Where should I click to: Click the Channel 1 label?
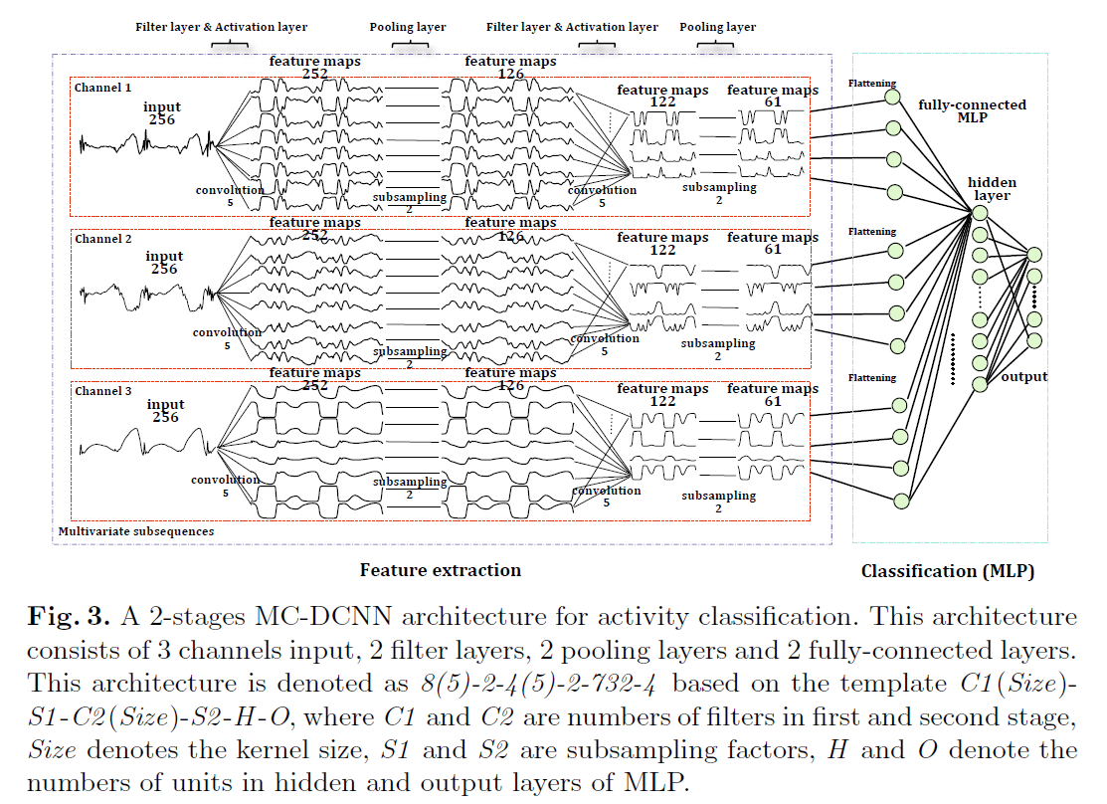pos(102,88)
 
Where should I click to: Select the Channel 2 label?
pos(102,239)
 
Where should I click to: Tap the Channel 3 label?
pos(102,391)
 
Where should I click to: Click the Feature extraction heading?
pos(440,570)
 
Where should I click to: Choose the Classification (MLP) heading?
pos(947,571)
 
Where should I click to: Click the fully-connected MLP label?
pos(971,110)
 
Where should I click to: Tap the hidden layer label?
pos(992,189)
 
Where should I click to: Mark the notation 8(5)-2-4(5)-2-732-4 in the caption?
pos(541,685)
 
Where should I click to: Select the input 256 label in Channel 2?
pos(164,263)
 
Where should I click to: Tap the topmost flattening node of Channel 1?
pos(893,98)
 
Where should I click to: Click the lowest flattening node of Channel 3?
pos(901,501)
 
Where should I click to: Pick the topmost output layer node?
pos(1034,255)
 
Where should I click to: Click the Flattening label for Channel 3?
pos(871,378)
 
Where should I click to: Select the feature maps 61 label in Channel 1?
pos(772,96)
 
